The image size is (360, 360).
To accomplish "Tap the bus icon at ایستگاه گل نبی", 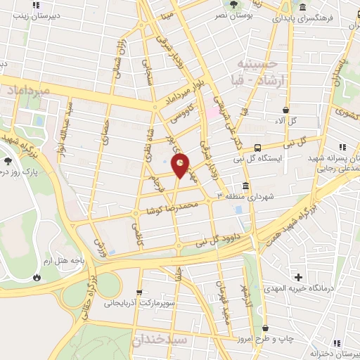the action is point(258,148).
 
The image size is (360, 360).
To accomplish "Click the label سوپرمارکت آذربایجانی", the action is point(139,304).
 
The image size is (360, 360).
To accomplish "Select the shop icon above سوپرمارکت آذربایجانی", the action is point(139,290).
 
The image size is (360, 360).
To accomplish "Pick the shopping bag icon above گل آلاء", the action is point(285,110).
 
